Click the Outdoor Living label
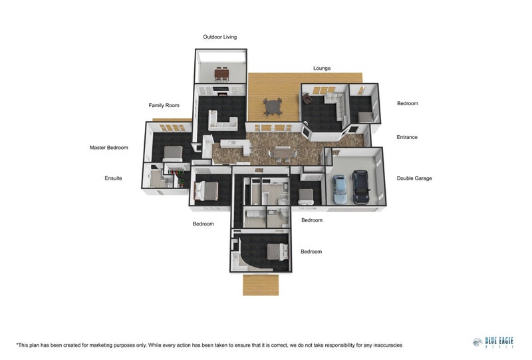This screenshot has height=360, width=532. point(220,37)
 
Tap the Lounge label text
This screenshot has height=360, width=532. point(322,69)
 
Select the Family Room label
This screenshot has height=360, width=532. point(164,105)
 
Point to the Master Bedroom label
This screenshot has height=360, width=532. point(109,148)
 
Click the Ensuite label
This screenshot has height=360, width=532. point(113,178)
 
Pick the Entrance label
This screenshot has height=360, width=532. point(407,137)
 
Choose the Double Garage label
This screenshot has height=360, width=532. point(414,178)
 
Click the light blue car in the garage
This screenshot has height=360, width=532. point(340,189)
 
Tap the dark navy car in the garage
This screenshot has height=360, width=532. point(360,187)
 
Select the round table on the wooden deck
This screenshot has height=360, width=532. point(273,106)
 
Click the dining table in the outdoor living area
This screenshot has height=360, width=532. point(221,74)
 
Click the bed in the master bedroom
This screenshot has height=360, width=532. point(173,154)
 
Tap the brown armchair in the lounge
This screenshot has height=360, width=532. point(307,99)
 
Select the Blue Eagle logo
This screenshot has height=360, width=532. point(493,342)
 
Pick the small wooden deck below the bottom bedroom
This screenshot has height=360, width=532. point(261,285)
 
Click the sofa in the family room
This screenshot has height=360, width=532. point(223,120)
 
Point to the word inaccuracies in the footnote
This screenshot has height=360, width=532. point(388,345)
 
